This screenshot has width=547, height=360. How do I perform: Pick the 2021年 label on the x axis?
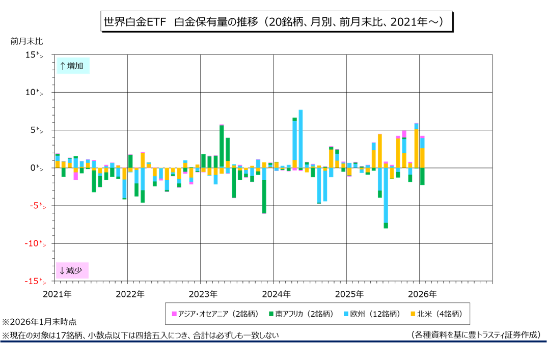point(57,294)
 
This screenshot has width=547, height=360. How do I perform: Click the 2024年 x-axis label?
point(277,294)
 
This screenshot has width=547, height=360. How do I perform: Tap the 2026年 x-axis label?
point(423,294)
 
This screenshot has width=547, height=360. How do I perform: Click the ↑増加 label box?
point(73,66)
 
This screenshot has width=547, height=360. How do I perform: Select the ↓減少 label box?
point(73,270)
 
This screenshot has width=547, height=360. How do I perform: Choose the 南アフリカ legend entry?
point(303,314)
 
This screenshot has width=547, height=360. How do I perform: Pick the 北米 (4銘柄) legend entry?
point(437,314)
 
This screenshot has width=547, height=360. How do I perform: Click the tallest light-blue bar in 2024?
point(301,137)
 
